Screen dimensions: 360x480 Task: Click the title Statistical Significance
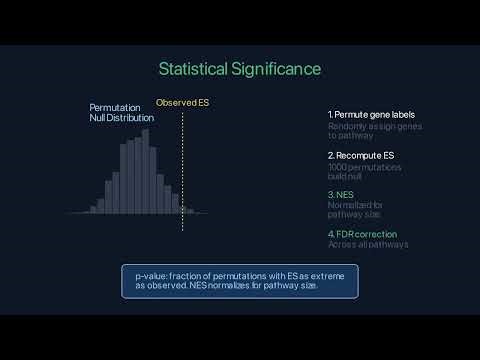240,69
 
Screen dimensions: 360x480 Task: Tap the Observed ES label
182,103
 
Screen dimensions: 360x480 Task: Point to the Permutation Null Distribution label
122,112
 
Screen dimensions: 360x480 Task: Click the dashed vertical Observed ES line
182,170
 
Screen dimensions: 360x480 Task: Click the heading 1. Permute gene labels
371,115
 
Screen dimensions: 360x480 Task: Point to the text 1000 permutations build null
365,173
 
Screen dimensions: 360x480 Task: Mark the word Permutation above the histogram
115,107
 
